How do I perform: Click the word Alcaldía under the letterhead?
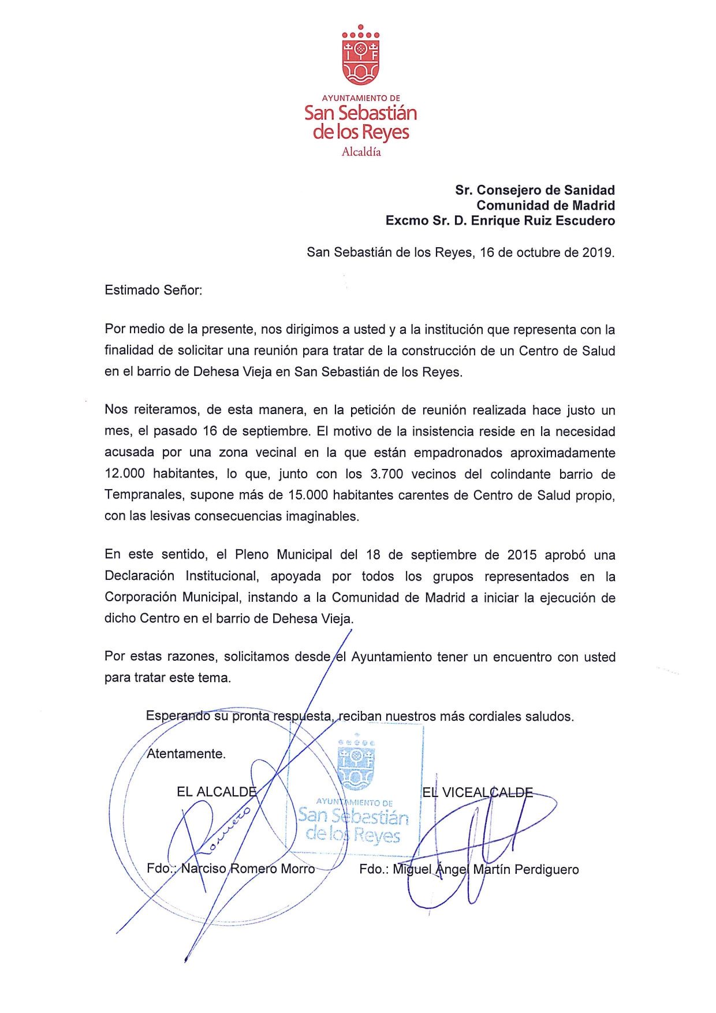[x=361, y=152]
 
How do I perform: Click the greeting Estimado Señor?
[x=153, y=290]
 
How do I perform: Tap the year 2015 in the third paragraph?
[x=522, y=555]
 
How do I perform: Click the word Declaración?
[x=140, y=576]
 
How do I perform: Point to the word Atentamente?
[x=186, y=754]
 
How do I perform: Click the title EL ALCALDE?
[x=216, y=792]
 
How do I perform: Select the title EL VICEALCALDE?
[x=478, y=792]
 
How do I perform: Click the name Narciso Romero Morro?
[x=248, y=869]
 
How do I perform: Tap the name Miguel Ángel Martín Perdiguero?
[x=486, y=869]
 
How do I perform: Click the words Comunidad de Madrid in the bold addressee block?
[x=546, y=205]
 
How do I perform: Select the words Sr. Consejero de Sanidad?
[x=535, y=190]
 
